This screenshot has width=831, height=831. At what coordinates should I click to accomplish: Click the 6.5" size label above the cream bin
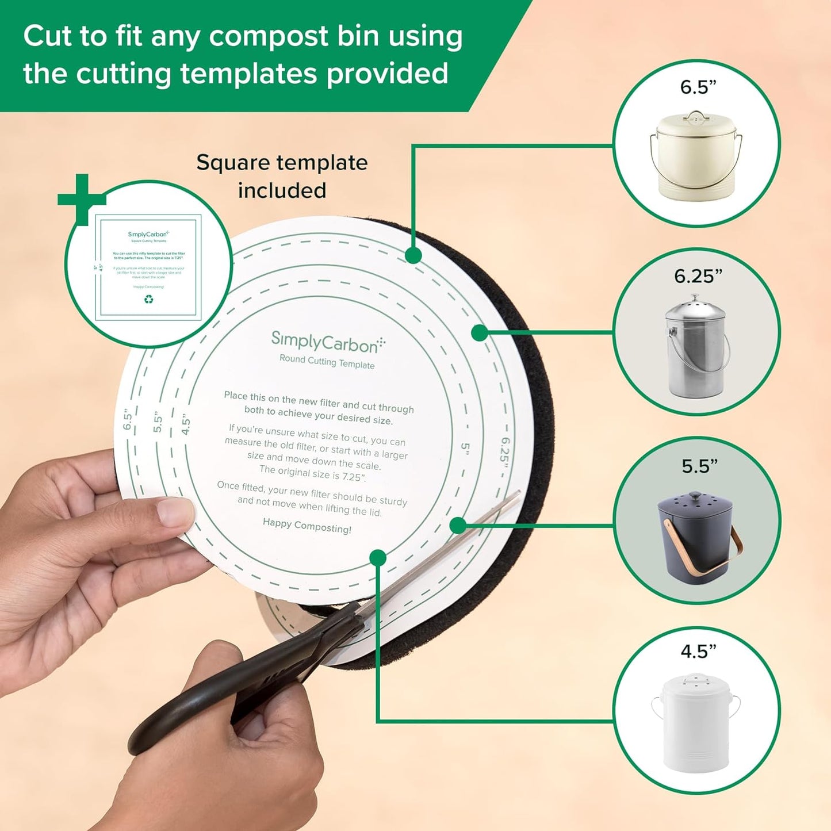point(698,87)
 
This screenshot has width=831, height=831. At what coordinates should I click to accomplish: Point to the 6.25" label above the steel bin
point(698,276)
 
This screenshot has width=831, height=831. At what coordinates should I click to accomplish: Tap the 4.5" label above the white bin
point(698,651)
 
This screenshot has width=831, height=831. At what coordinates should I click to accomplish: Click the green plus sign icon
point(82,199)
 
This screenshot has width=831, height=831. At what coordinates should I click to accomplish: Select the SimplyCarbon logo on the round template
point(327,342)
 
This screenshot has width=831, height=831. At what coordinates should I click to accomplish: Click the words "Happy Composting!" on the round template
point(307,525)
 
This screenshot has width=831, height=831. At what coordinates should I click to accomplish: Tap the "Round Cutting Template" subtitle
point(327,362)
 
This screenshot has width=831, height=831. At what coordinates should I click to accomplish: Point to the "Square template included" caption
point(282,176)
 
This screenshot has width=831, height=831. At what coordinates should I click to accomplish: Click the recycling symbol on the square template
point(149,299)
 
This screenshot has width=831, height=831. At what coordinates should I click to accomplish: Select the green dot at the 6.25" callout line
point(479,332)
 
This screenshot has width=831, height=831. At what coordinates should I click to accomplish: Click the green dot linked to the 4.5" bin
point(378,557)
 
